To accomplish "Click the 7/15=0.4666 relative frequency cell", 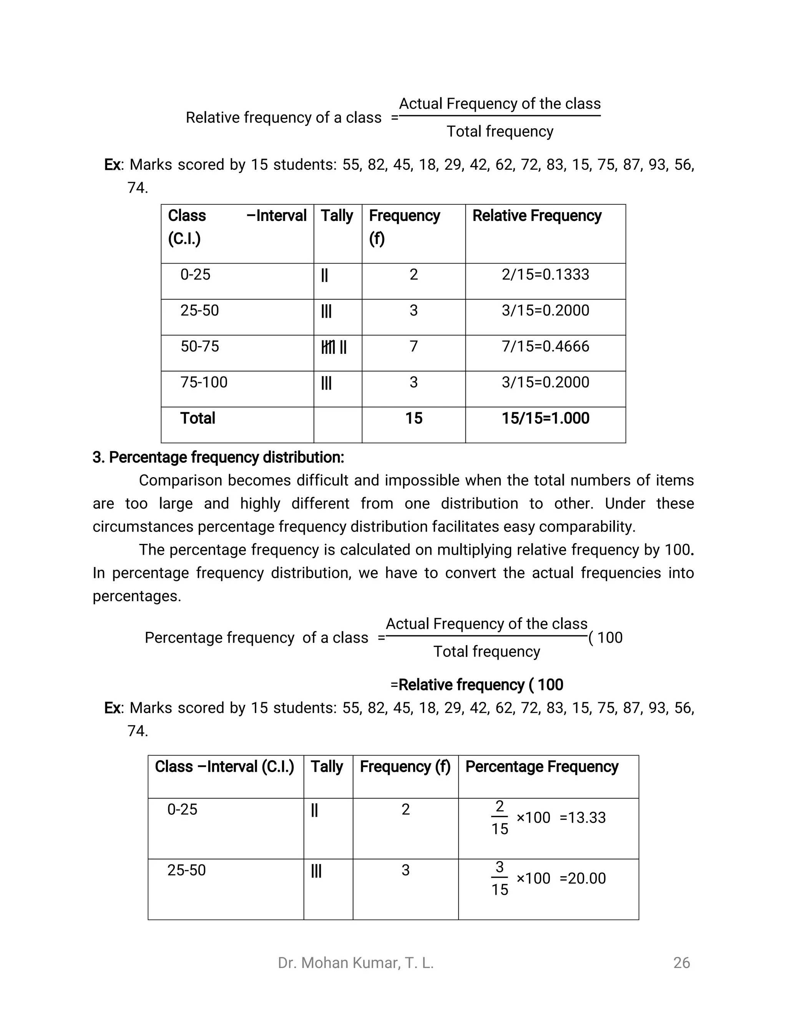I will click(x=545, y=347).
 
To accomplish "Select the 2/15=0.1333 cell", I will click(x=545, y=275).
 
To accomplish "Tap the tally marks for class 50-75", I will click(x=334, y=347).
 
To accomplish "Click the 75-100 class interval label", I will click(x=204, y=382).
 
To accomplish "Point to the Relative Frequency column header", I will click(x=536, y=216).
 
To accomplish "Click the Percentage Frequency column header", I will click(x=542, y=767).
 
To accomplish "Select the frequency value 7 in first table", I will click(x=413, y=347).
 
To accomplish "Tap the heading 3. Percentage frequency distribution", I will click(x=218, y=457).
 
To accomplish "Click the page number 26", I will click(x=681, y=963).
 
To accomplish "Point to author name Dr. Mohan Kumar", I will click(x=356, y=963).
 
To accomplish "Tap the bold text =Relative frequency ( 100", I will click(x=477, y=685).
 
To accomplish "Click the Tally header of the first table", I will click(x=337, y=216).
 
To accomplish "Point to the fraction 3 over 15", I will click(x=499, y=879).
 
